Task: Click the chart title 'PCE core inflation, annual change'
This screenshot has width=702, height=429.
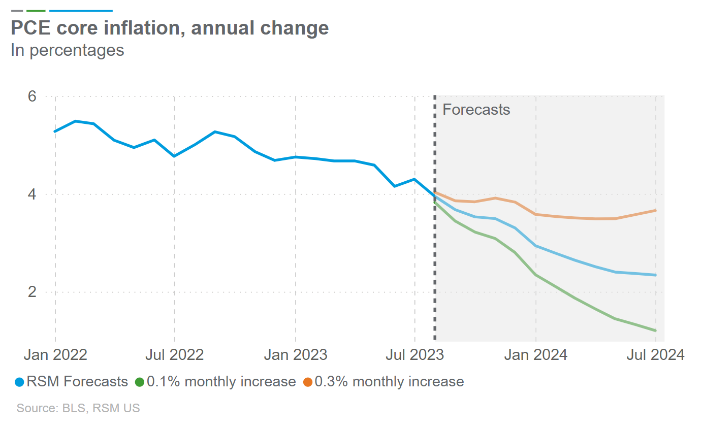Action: coord(170,28)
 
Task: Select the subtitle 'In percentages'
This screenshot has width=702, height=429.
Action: coord(67,50)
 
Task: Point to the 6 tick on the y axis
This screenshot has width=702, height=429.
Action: coord(33,96)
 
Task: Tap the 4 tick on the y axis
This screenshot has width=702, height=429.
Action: coord(33,194)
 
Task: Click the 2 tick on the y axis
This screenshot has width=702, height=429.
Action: coord(33,292)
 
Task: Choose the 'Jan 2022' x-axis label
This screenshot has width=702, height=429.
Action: coord(55,354)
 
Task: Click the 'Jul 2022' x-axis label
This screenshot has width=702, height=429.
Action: coord(174,354)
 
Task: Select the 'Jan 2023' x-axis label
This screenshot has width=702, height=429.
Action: coord(295,354)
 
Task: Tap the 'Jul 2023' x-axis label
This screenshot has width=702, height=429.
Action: coord(414,354)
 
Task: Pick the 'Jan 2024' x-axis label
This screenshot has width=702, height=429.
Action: coord(535,354)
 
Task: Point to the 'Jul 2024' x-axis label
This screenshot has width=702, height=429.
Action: coord(655,354)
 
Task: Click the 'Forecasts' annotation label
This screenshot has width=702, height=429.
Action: coord(476,110)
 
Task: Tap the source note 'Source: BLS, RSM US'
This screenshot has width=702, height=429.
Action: coord(78,408)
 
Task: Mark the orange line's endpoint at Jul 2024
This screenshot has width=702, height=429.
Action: coord(656,210)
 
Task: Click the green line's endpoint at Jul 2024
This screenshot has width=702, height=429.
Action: coord(656,331)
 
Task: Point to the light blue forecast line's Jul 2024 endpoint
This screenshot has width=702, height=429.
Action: coord(656,275)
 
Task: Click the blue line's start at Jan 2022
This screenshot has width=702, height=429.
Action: coord(55,131)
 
